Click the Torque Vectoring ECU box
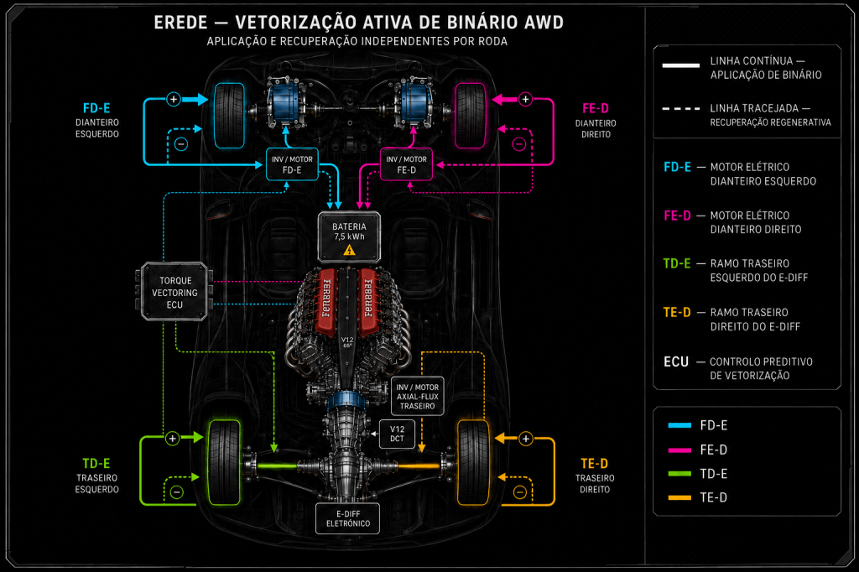point(174,292)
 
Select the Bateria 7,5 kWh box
point(349,237)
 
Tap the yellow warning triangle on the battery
point(349,251)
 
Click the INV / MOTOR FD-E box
point(292,164)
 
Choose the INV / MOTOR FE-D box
point(406,164)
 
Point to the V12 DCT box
point(397,434)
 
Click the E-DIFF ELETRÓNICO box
point(348,518)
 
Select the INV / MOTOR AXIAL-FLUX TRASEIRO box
point(418,396)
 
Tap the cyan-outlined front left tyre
point(229,116)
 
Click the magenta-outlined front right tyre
point(471,116)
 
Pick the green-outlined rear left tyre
point(224,462)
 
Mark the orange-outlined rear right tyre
point(473,462)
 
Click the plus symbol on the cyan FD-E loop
point(174,99)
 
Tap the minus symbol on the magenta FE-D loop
point(518,144)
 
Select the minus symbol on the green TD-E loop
point(176,492)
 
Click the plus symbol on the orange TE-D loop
point(525,439)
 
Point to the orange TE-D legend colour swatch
point(679,497)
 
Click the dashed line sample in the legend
point(681,108)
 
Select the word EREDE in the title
point(181,23)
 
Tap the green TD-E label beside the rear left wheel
point(96,464)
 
